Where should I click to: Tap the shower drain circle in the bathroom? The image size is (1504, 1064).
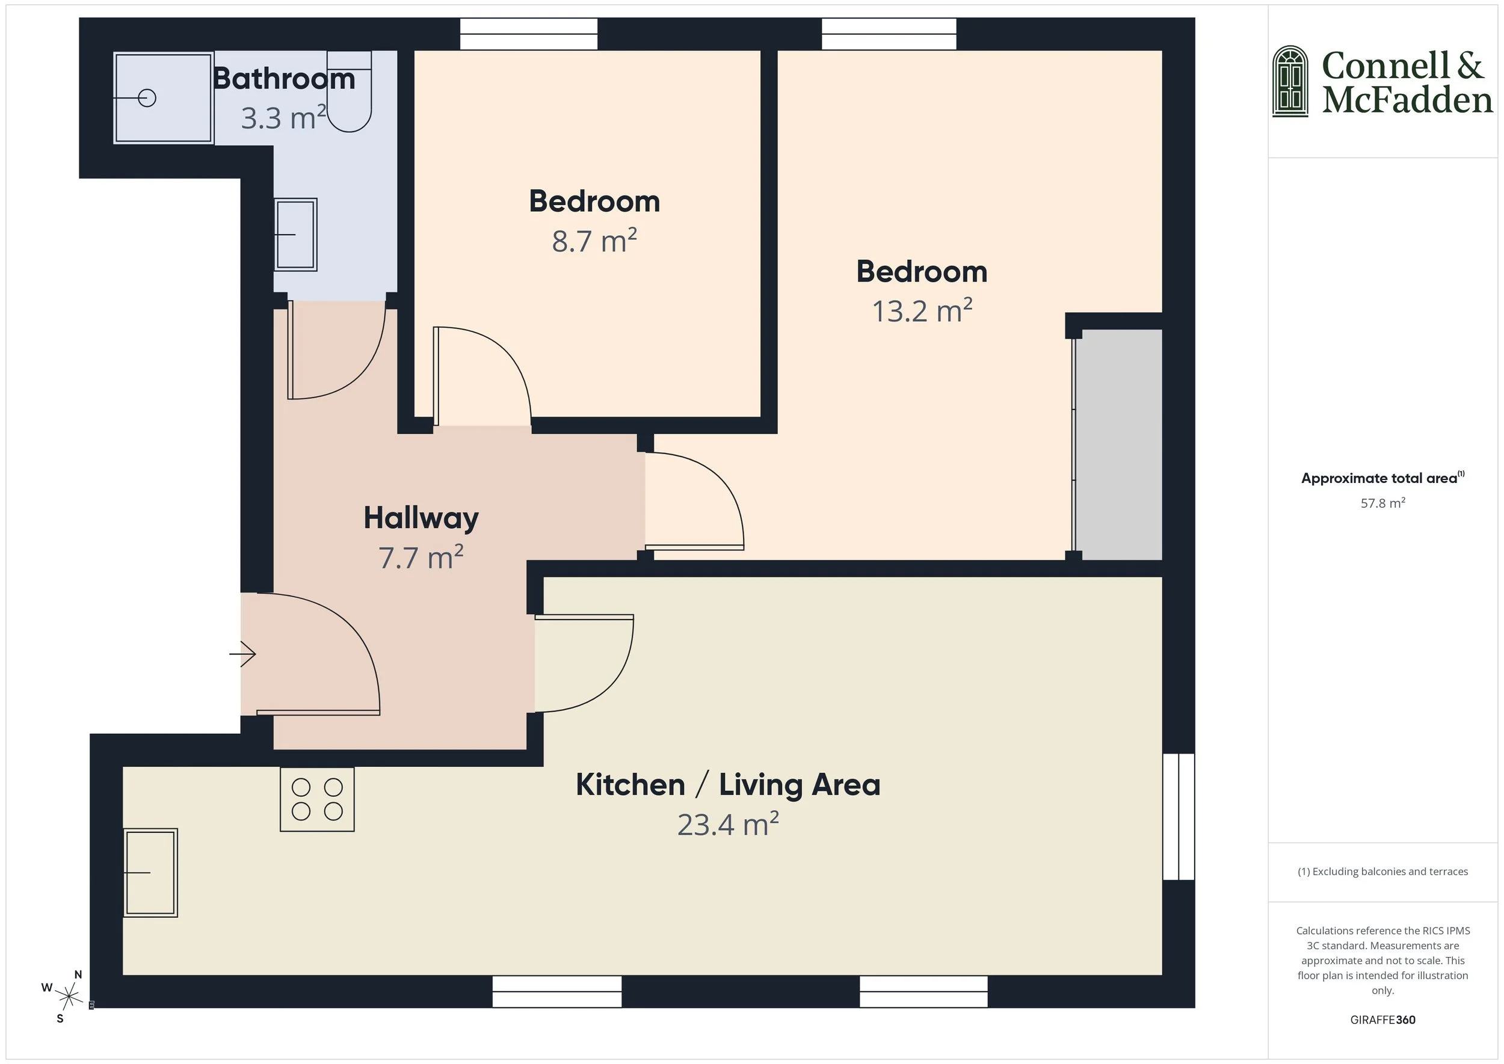147,98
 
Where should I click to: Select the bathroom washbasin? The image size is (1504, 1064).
295,235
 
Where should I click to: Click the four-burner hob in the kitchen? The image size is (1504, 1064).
317,799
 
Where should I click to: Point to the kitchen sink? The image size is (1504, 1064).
151,872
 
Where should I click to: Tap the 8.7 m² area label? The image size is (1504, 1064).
594,241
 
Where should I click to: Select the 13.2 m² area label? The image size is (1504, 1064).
922,311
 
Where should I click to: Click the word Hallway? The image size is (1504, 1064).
421,518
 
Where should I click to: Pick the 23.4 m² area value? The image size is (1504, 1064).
727,825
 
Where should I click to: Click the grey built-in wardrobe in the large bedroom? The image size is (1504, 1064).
1118,445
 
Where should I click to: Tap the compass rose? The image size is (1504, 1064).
68,997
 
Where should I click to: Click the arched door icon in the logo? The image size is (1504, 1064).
1290,81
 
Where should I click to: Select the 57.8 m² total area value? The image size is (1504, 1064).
1382,503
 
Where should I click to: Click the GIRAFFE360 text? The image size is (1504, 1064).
1382,1020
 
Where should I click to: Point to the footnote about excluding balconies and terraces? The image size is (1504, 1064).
1382,872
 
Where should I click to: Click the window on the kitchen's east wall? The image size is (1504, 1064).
1179,816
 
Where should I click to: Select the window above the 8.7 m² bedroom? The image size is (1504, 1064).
528,34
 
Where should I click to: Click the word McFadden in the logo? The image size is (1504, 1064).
1407,100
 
